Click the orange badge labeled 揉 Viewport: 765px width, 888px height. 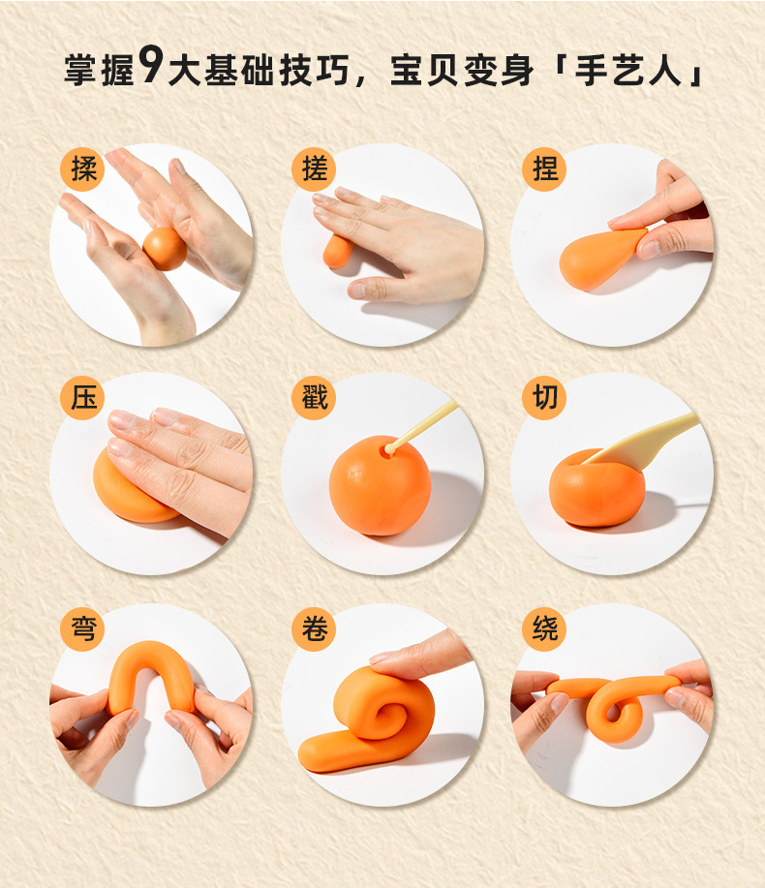point(82,168)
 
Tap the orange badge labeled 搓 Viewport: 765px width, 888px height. point(314,168)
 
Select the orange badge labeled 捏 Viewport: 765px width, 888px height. point(544,168)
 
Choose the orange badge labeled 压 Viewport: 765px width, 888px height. point(82,397)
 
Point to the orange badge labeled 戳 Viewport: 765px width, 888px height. point(314,397)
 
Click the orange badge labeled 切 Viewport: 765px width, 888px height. point(544,397)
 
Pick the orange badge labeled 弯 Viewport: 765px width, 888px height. point(82,628)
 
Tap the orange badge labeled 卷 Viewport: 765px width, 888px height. point(314,628)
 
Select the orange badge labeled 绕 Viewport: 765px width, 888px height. point(544,628)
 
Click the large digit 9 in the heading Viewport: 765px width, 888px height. point(151,65)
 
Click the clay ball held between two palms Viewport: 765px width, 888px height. point(165,249)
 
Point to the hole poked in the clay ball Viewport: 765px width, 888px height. point(389,449)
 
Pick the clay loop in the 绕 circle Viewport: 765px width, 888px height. point(615,712)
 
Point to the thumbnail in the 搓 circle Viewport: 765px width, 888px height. point(357,290)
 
